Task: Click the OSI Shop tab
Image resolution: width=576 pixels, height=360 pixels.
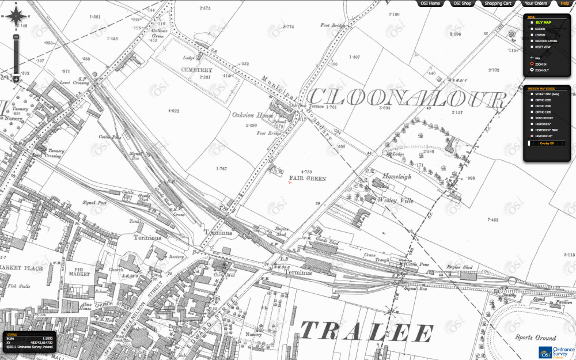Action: tap(463, 3)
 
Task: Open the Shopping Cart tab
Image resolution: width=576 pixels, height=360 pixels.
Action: tap(498, 3)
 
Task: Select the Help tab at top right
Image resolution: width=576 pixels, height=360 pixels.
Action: tap(564, 3)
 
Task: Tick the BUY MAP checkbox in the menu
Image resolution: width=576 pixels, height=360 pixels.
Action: tap(532, 22)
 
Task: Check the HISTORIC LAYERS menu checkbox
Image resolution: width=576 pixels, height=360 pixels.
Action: tap(532, 41)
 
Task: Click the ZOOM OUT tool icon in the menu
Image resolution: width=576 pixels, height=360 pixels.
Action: tap(532, 70)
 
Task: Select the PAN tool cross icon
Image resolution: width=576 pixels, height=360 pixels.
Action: tap(532, 58)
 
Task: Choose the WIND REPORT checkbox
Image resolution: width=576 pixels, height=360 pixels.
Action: tap(532, 118)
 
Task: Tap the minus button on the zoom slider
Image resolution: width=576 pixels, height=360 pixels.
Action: tap(17, 79)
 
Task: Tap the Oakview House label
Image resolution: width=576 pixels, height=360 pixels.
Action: tap(252, 116)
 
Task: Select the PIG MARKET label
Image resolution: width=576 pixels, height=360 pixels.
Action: tap(80, 272)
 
